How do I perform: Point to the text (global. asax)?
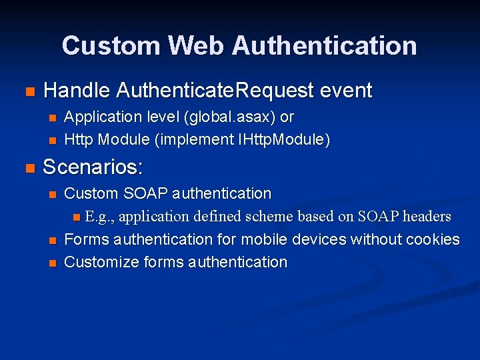click(x=231, y=117)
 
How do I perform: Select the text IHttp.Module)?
click(x=287, y=139)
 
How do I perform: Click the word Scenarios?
click(x=93, y=167)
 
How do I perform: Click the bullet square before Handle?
click(x=28, y=91)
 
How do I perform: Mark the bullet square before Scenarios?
click(x=28, y=167)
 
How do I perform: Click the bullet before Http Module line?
click(x=53, y=140)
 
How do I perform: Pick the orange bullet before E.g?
click(x=77, y=217)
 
